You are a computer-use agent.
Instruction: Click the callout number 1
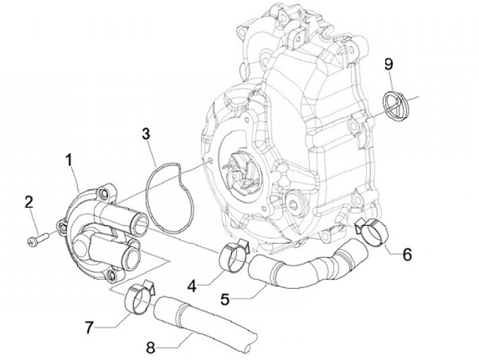(x=70, y=160)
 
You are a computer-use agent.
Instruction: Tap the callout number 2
(x=29, y=202)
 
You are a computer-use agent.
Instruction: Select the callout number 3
(x=146, y=134)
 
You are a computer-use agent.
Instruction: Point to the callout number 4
(x=192, y=286)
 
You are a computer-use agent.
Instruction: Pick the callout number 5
(x=225, y=299)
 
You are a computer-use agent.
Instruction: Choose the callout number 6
(x=407, y=254)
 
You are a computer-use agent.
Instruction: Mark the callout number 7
(x=89, y=327)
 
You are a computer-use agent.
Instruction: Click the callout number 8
(x=150, y=347)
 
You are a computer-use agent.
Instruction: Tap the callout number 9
(x=389, y=64)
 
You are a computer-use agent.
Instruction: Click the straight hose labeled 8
(x=205, y=325)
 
